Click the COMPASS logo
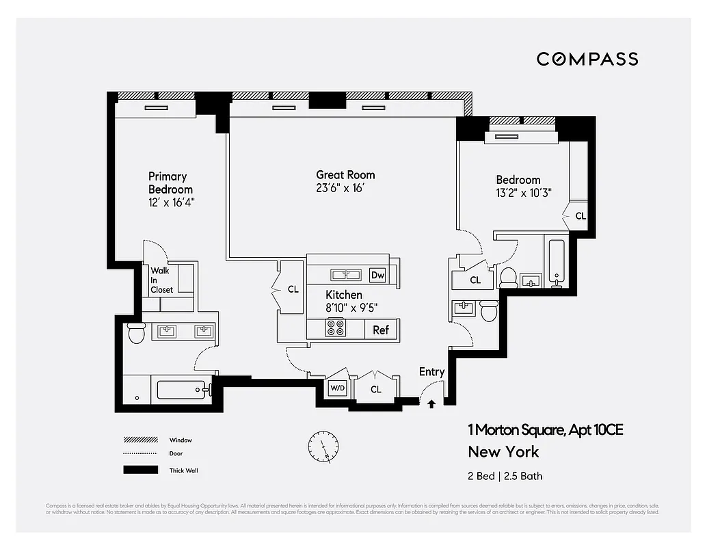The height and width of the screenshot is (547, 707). (x=587, y=59)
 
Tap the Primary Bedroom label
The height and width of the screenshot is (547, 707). (x=170, y=183)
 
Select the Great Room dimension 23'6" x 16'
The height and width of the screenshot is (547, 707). (x=345, y=188)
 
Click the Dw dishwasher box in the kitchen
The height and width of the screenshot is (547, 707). (x=377, y=275)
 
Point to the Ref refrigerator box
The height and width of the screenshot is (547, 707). (x=380, y=330)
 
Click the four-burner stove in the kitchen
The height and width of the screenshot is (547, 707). (x=335, y=328)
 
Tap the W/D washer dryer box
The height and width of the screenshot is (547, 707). (x=337, y=388)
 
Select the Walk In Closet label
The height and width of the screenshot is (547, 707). (x=161, y=280)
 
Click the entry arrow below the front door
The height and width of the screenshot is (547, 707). (x=431, y=404)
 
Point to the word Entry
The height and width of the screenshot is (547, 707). (x=431, y=372)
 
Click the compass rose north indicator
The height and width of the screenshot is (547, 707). (x=323, y=446)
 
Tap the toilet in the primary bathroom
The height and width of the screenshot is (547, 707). (x=136, y=334)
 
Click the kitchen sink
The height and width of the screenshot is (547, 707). (x=345, y=275)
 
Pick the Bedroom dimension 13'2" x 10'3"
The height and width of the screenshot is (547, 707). (x=523, y=193)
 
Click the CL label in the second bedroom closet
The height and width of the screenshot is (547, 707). (x=581, y=216)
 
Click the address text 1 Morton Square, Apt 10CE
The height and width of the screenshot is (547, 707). (x=545, y=430)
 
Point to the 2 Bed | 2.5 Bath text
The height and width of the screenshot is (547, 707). (x=505, y=476)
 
